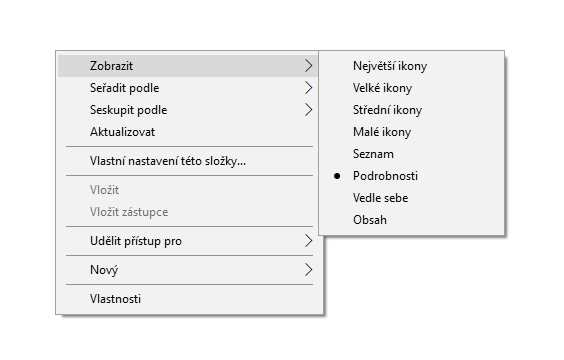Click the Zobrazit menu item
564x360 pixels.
[x=112, y=66]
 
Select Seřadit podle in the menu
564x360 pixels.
[x=124, y=88]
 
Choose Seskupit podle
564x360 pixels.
[x=128, y=110]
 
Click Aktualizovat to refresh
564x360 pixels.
[x=122, y=132]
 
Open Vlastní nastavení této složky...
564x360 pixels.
[x=168, y=161]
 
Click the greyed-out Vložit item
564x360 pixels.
[x=104, y=190]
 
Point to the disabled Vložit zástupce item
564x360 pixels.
[x=129, y=212]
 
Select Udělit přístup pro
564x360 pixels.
[x=136, y=241]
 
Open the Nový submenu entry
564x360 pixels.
[x=104, y=270]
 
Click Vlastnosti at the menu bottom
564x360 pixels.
[x=115, y=299]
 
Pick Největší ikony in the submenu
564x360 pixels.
[x=390, y=66]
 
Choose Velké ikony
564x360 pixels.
[x=382, y=88]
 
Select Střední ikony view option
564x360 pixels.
[x=387, y=110]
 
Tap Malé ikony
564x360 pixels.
[x=382, y=132]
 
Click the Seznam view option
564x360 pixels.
[x=373, y=154]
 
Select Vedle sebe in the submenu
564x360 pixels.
[x=381, y=197]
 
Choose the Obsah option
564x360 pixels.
[x=370, y=219]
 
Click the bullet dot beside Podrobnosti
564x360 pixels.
[x=337, y=176]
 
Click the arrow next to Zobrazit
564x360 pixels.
[x=308, y=65]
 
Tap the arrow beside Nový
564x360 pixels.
[x=308, y=270]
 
